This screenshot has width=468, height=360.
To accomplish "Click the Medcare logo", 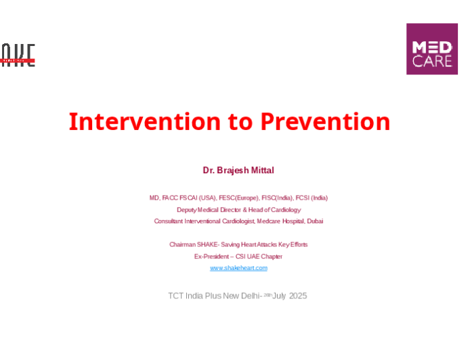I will coord(431,49).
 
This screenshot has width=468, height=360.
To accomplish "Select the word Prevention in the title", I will coord(325,122).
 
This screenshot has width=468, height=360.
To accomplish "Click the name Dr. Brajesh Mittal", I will coord(238,170).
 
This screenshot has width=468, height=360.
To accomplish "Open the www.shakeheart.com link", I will coord(238,268).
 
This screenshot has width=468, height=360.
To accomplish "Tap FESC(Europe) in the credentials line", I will coord(238,198).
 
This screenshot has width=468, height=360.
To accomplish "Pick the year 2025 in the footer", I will coord(298,296).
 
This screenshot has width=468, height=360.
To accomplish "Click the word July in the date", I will coord(279,296).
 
